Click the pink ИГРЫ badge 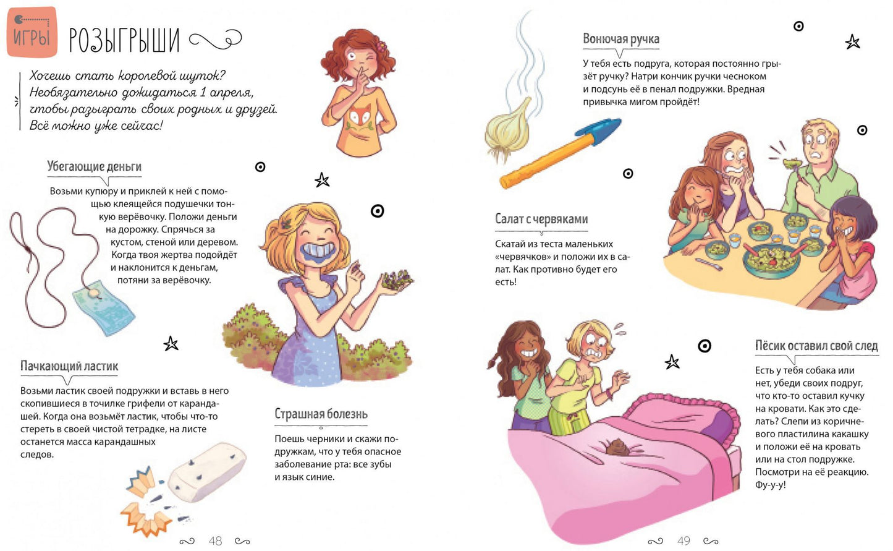(32, 32)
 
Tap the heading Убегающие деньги (94, 166)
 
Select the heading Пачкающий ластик (69, 366)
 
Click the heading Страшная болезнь (321, 414)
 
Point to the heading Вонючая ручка (620, 39)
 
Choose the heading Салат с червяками (541, 219)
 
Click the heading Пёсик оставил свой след (816, 346)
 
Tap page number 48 (215, 540)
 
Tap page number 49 (684, 540)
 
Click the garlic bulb (507, 130)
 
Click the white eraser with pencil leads (206, 472)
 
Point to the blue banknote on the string (104, 307)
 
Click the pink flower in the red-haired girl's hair (381, 46)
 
